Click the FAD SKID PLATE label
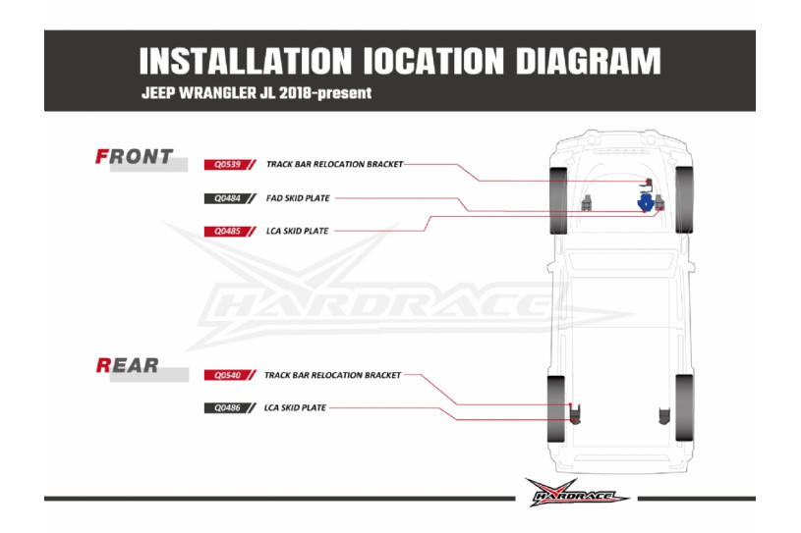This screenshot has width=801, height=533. point(298,198)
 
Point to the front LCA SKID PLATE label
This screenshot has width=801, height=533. point(297,232)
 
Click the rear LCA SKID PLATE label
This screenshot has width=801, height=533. point(295,407)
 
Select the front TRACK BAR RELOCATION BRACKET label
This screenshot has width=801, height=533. point(334,165)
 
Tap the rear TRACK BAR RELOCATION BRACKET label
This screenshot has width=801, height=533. point(332,375)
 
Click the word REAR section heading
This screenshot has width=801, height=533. point(128,366)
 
